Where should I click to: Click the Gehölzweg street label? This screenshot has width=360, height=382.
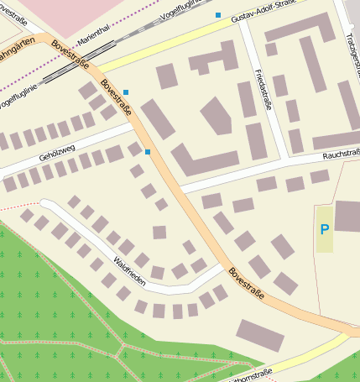(x=57, y=151)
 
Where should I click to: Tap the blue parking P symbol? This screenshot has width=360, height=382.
(x=324, y=228)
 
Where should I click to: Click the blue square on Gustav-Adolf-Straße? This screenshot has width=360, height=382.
(x=218, y=15)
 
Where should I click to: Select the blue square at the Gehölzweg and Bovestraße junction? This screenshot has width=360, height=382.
(x=148, y=151)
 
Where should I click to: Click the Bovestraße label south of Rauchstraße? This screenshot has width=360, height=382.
(x=246, y=285)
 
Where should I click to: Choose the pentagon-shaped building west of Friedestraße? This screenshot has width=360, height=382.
(x=216, y=115)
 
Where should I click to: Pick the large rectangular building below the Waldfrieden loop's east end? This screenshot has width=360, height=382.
(x=259, y=334)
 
